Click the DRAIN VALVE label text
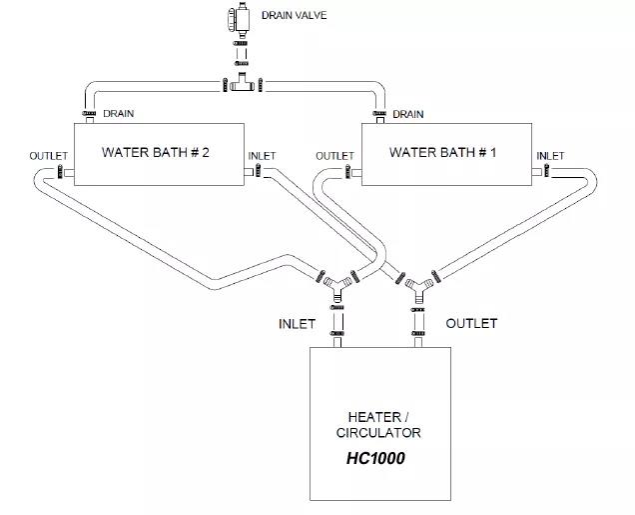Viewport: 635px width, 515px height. coord(294,16)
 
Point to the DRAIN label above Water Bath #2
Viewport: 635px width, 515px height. coord(118,114)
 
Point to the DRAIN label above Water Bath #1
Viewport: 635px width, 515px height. coord(408,114)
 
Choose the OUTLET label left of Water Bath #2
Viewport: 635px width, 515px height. coord(48,156)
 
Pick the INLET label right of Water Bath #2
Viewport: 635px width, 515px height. coord(262,156)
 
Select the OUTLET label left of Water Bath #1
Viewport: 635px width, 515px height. coord(334,156)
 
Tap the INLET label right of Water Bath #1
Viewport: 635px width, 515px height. coord(550,156)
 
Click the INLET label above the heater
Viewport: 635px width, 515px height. coord(297,324)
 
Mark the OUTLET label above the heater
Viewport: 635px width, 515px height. coord(471,324)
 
